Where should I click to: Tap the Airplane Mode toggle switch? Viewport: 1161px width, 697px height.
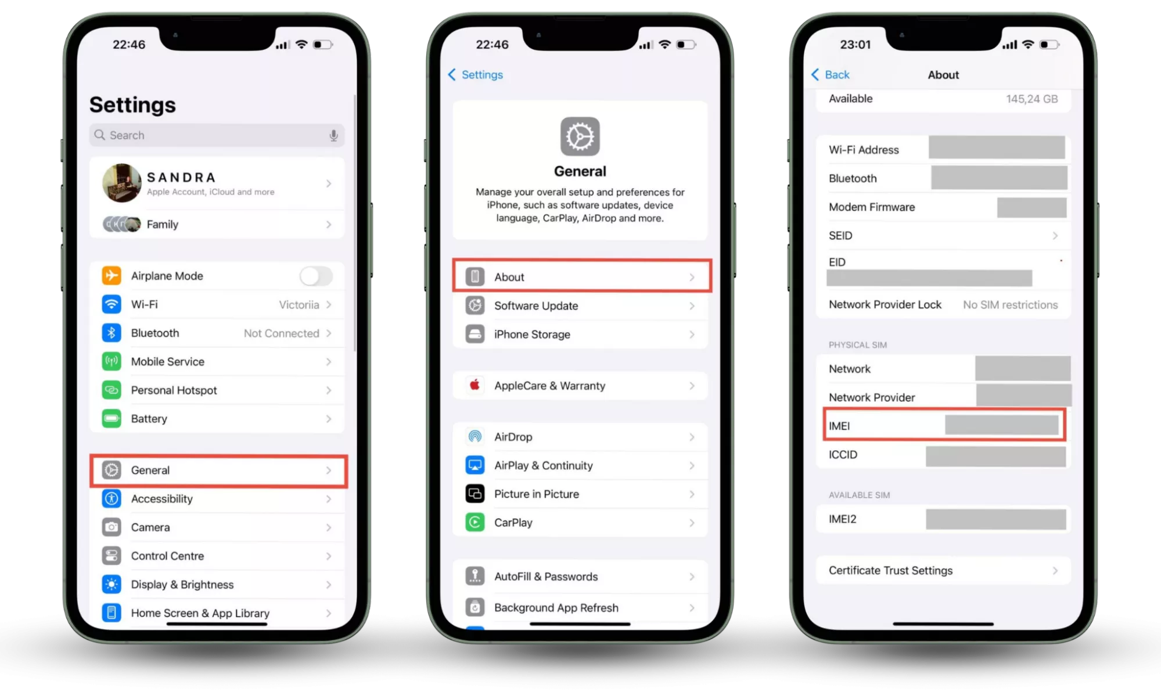317,276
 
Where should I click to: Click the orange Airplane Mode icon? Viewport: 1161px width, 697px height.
112,275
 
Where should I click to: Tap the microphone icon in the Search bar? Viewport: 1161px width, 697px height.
333,135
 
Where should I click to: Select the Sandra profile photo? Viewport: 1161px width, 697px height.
122,183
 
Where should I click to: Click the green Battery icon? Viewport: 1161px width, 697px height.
112,418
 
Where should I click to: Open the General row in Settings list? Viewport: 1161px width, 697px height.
218,470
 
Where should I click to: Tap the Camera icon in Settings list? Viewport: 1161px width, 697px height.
112,527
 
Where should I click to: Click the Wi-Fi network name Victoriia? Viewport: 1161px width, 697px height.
299,305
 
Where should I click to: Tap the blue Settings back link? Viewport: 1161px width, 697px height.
476,75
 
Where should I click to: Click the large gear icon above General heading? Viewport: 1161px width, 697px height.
580,136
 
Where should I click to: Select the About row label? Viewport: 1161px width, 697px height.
509,277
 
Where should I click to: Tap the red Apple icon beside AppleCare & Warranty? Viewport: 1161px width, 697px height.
475,385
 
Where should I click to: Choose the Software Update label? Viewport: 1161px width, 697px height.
536,306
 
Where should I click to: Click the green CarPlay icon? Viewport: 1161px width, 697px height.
475,522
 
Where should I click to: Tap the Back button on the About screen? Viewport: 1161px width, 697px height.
831,75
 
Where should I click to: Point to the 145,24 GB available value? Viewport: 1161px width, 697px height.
1032,99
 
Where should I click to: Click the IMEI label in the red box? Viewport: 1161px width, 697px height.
839,426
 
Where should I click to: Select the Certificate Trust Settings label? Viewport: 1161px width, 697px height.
890,570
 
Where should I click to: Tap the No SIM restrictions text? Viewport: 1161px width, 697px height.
1011,305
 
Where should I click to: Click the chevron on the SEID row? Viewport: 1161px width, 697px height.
1055,236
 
